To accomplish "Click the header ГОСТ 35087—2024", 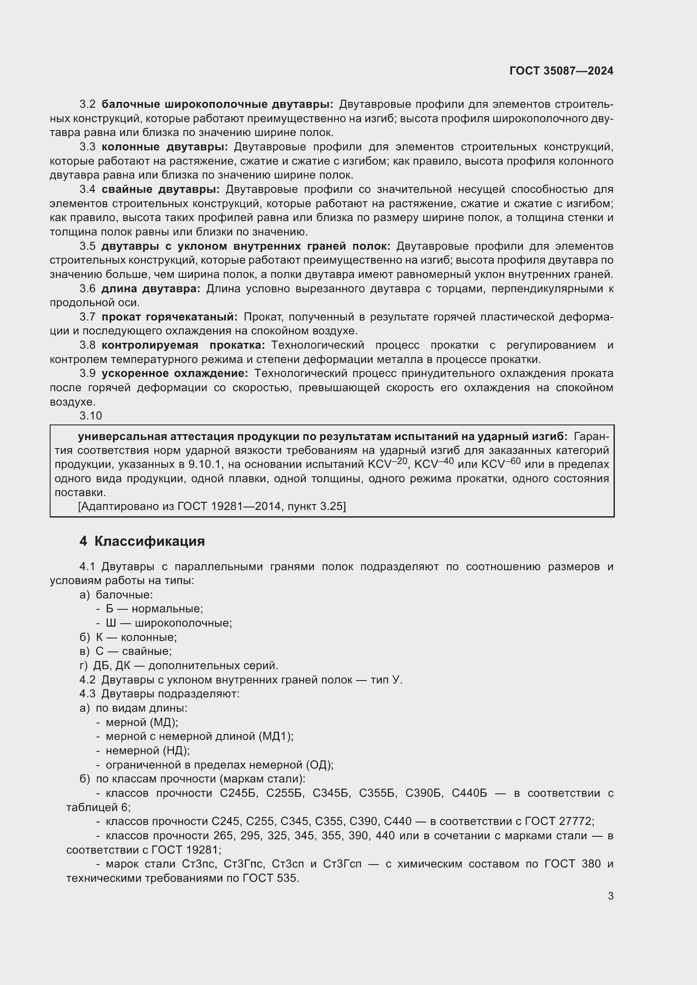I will coord(561,71).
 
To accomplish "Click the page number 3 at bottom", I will coord(610,896).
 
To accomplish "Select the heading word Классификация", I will coord(149,542).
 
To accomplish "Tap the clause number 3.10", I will coord(91,416).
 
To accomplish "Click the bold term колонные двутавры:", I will coord(165,147).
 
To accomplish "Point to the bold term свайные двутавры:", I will coord(161,189).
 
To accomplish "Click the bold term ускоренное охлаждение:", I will coord(175,373).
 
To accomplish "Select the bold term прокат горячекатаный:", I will coord(169,317).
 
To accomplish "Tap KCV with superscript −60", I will coord(501,464).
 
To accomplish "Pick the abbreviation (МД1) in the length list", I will coord(276,736).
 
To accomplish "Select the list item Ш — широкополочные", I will coord(169,623).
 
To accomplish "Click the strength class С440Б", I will coord(469,793).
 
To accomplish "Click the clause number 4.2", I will coord(87,680).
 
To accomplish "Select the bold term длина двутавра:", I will coord(150,288).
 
